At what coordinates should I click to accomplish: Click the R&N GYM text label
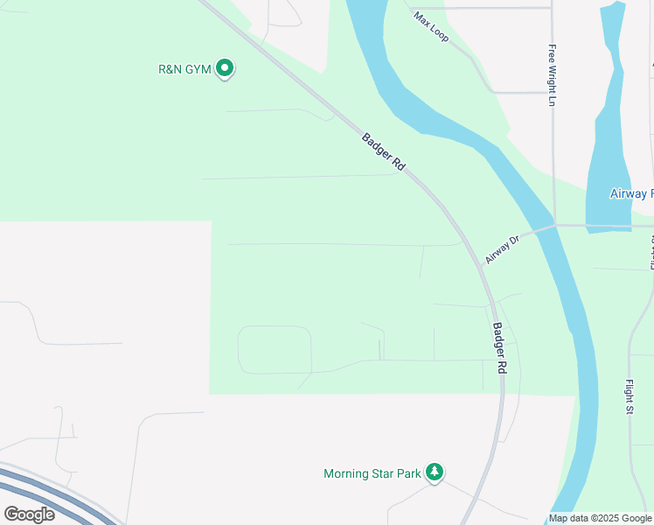[184, 68]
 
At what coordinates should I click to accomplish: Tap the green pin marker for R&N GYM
[225, 66]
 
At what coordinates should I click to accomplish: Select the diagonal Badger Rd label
[383, 151]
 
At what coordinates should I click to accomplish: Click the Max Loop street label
[431, 28]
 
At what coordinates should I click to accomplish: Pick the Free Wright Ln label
[553, 75]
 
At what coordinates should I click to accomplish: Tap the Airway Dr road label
[502, 248]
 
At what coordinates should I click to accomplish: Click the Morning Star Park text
[372, 474]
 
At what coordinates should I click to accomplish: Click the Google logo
[29, 514]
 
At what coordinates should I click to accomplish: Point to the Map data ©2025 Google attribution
[600, 518]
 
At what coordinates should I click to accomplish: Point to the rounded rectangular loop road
[275, 350]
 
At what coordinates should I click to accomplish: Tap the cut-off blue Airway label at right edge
[630, 193]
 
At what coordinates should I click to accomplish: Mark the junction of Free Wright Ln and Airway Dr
[554, 224]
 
